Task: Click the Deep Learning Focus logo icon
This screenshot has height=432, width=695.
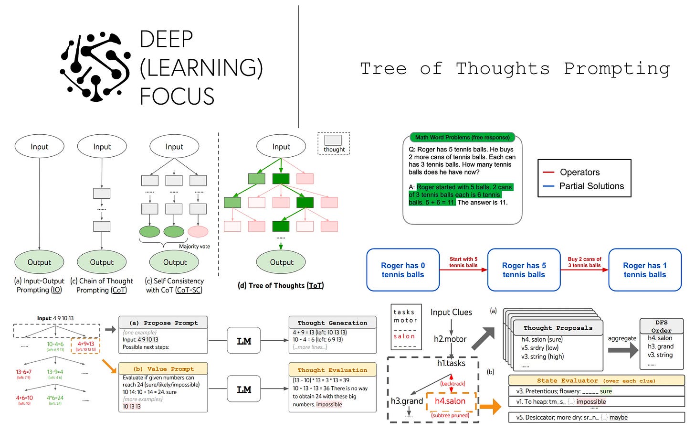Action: (x=95, y=67)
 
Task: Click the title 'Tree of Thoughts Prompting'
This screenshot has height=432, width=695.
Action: (x=515, y=69)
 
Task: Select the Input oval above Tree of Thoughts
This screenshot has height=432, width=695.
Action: (x=281, y=147)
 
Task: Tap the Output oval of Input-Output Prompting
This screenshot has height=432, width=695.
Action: (x=39, y=262)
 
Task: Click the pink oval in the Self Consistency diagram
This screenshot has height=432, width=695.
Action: (x=198, y=232)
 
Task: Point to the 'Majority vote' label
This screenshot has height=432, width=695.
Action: (x=194, y=247)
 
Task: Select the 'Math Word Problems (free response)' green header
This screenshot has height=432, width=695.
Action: (x=462, y=138)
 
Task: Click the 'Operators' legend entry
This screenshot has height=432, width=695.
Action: (x=579, y=172)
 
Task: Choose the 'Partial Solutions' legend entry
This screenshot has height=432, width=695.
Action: (x=591, y=186)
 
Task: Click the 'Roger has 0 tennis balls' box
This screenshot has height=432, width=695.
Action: (x=403, y=270)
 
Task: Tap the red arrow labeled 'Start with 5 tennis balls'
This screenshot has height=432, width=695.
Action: (x=463, y=270)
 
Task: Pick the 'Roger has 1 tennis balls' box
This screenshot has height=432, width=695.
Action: (x=644, y=270)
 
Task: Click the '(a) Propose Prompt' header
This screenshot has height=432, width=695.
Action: (x=163, y=323)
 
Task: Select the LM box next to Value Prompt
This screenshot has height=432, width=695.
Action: (x=244, y=390)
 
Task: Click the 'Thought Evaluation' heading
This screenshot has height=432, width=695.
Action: (x=332, y=370)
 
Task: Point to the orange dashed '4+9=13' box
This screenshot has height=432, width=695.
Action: (x=86, y=346)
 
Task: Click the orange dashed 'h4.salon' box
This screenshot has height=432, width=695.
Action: (x=450, y=401)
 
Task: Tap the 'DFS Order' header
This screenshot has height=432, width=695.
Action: (x=661, y=326)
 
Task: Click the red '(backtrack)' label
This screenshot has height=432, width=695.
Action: (x=452, y=383)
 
